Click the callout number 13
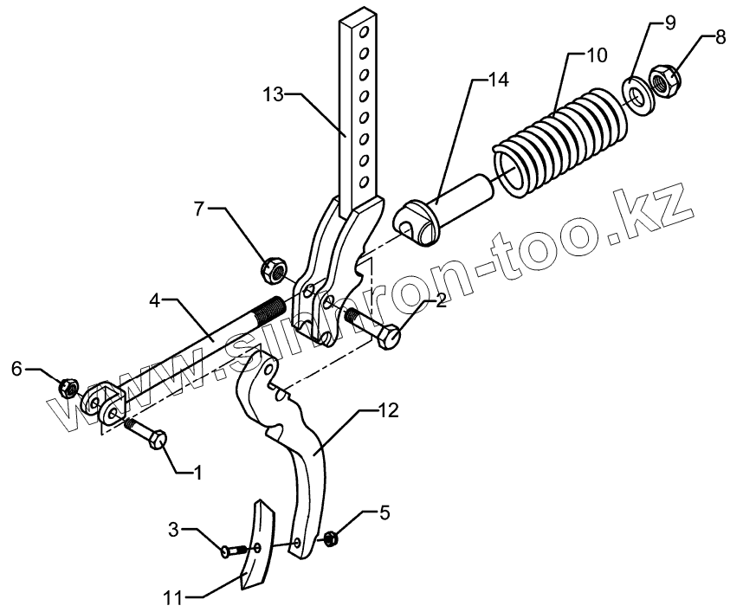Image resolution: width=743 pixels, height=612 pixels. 274,94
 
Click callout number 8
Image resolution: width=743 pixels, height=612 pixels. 720,39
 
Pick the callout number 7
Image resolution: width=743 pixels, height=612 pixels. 200,209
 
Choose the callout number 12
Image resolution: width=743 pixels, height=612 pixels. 389,409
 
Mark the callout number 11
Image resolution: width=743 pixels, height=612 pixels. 172,596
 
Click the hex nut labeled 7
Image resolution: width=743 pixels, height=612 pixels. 273,271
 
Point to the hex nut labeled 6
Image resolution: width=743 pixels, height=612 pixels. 70,386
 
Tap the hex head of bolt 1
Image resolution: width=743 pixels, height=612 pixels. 159,441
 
